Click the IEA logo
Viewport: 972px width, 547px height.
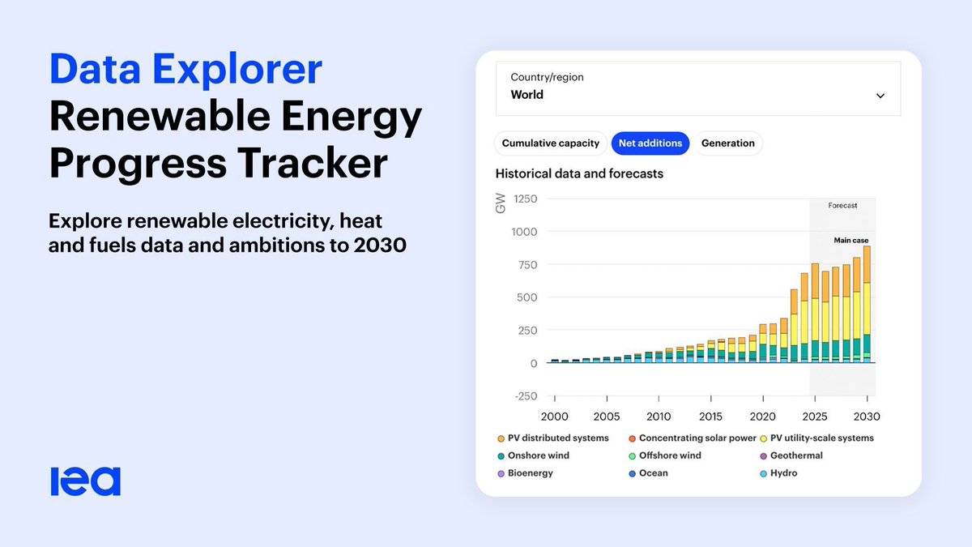[85, 481]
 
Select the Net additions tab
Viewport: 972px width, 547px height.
[650, 143]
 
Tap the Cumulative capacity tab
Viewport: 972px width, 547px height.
[551, 143]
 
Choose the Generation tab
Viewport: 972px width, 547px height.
[727, 143]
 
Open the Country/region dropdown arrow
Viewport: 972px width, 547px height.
[880, 96]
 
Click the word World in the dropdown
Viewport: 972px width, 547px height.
[527, 95]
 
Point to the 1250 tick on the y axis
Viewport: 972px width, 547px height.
[525, 199]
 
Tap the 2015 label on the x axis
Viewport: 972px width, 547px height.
[710, 417]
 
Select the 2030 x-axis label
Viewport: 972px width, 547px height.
[866, 417]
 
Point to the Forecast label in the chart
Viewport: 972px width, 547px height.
[842, 206]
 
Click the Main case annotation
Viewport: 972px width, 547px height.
[850, 241]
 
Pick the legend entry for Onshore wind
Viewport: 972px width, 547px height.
[538, 455]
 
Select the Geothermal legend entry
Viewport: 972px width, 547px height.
[796, 455]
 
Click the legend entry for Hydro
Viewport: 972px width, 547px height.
[783, 473]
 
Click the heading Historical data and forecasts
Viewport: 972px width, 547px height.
[579, 173]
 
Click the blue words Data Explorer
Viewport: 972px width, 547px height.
[185, 71]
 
